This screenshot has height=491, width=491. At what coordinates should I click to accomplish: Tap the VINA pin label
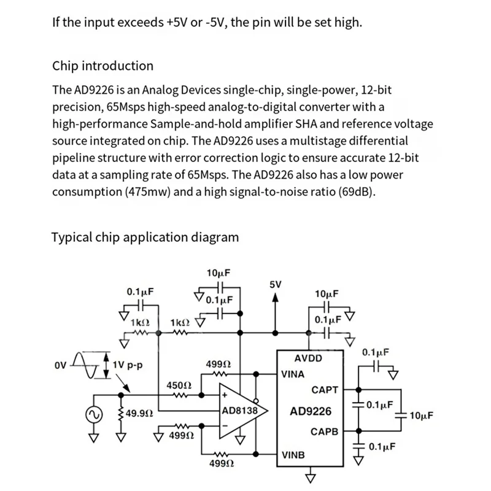[x=293, y=373]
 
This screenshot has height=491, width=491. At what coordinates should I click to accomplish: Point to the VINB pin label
[x=293, y=455]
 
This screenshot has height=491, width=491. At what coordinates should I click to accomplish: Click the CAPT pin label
[x=325, y=389]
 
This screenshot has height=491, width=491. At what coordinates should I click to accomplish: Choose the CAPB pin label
[x=324, y=431]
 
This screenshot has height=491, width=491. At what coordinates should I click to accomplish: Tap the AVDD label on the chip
[x=307, y=358]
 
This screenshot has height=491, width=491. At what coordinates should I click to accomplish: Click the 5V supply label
[x=275, y=285]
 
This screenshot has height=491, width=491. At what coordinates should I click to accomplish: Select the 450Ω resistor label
[x=180, y=385]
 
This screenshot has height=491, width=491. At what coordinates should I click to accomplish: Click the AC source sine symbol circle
[x=96, y=414]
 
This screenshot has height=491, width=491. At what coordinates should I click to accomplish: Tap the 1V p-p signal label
[x=128, y=364]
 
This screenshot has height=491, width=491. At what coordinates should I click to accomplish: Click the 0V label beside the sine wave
[x=60, y=366]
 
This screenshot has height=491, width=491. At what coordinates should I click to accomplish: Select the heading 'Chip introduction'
[x=103, y=66]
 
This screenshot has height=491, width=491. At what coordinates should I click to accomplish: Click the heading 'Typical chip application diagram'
[x=145, y=237]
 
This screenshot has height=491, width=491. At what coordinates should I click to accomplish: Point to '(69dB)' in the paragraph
[x=355, y=191]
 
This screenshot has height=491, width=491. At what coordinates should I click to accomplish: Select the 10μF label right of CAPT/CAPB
[x=420, y=416]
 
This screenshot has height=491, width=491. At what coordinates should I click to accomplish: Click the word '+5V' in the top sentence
[x=178, y=23]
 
